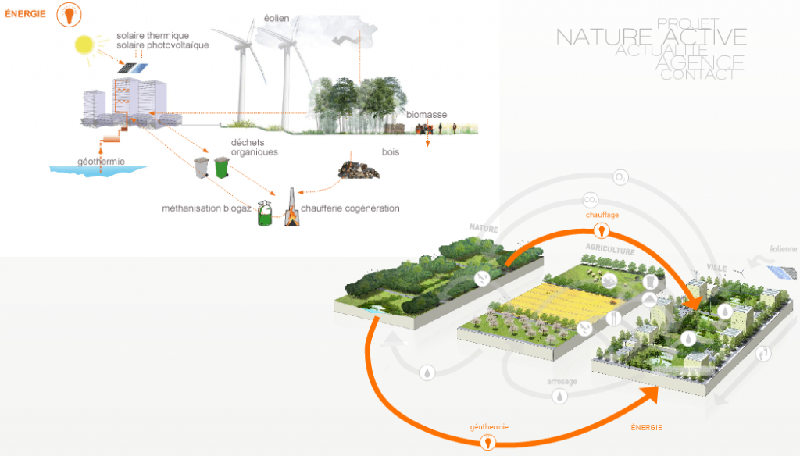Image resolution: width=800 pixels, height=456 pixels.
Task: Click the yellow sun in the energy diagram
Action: point(84,45)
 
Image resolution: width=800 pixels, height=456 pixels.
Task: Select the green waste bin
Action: point(222,166)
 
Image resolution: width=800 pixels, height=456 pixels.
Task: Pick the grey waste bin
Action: point(202,167)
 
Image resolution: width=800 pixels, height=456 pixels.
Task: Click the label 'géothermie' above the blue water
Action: point(101,162)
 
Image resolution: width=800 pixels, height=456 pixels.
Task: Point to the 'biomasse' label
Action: point(427,115)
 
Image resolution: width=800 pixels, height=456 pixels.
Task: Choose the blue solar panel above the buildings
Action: point(133,69)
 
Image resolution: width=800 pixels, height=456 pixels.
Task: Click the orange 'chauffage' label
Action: point(602,213)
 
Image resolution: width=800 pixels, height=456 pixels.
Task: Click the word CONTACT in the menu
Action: point(698,75)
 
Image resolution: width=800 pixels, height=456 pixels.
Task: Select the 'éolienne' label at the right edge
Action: point(783,250)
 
